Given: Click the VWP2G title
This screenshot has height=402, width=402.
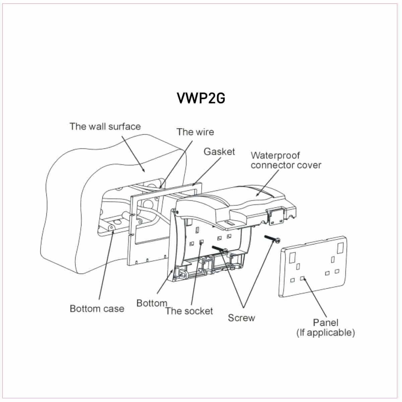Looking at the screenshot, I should pos(201,98).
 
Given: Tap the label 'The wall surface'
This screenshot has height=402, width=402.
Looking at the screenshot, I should pos(105,127).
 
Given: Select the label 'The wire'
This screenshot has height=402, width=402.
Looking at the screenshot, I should pos(195,132).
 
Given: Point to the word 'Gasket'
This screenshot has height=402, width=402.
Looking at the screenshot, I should pos(219,152).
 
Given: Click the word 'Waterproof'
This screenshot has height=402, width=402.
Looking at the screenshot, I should pos(275,155).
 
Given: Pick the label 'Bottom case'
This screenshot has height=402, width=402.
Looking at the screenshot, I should pos(97,309).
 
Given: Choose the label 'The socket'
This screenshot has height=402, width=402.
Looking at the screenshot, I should pos(189,311).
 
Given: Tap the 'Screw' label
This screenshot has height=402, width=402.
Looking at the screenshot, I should pos(241,318).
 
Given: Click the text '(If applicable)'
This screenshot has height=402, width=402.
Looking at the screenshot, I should pos(325,333).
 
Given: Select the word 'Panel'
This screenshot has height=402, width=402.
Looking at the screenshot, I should pos(325,323).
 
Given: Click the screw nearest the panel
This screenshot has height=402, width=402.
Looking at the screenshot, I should pos(273,239).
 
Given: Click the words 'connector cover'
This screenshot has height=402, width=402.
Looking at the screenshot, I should pos(286,165).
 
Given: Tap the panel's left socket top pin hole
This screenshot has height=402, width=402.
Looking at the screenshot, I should pos(297,267).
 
